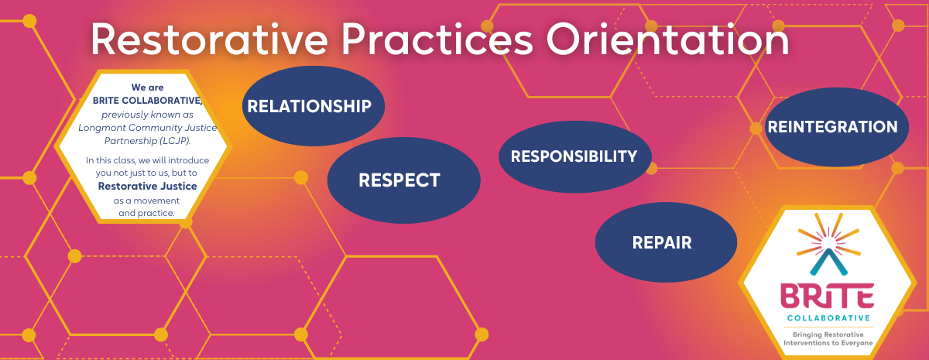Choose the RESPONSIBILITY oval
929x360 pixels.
coord(574,156)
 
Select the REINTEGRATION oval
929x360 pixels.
coord(832,127)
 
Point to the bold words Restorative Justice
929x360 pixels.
coord(147,187)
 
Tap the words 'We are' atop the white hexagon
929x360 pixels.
coord(147,87)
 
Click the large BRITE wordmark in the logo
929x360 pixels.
coord(828,297)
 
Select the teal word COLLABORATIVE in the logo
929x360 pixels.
coord(828,317)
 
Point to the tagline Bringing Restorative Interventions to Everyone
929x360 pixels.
coord(828,338)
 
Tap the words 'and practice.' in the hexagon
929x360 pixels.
coord(147,213)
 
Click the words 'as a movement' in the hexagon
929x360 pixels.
coord(147,201)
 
